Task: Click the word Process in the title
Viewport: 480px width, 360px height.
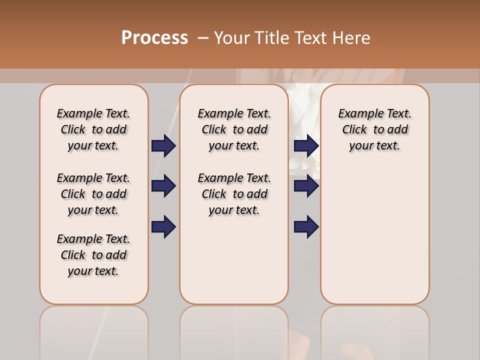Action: (x=154, y=37)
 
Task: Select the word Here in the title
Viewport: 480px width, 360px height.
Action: (x=352, y=38)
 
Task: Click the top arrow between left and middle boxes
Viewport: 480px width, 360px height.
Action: (x=163, y=145)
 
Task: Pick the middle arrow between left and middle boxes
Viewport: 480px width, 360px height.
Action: (x=163, y=186)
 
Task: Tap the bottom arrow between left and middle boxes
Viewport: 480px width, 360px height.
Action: (x=163, y=227)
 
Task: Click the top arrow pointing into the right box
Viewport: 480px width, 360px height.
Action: (x=306, y=145)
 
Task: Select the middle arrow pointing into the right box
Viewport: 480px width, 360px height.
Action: (x=306, y=186)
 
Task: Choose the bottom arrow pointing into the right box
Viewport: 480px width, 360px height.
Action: (x=306, y=227)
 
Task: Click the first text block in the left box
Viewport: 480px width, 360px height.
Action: (x=93, y=129)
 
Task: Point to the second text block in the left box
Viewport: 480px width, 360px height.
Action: (x=93, y=194)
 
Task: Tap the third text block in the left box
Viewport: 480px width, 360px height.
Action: (x=93, y=255)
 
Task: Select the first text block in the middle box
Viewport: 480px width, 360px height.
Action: (x=234, y=129)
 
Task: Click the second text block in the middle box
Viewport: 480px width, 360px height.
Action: (x=234, y=194)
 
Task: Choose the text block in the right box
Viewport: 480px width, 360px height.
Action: (x=374, y=129)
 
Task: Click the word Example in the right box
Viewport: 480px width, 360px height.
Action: (x=356, y=114)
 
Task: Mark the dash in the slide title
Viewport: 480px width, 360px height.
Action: (x=203, y=38)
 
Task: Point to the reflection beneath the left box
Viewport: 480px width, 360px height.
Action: (x=94, y=330)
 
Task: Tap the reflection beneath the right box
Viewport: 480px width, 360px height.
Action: (x=374, y=330)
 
